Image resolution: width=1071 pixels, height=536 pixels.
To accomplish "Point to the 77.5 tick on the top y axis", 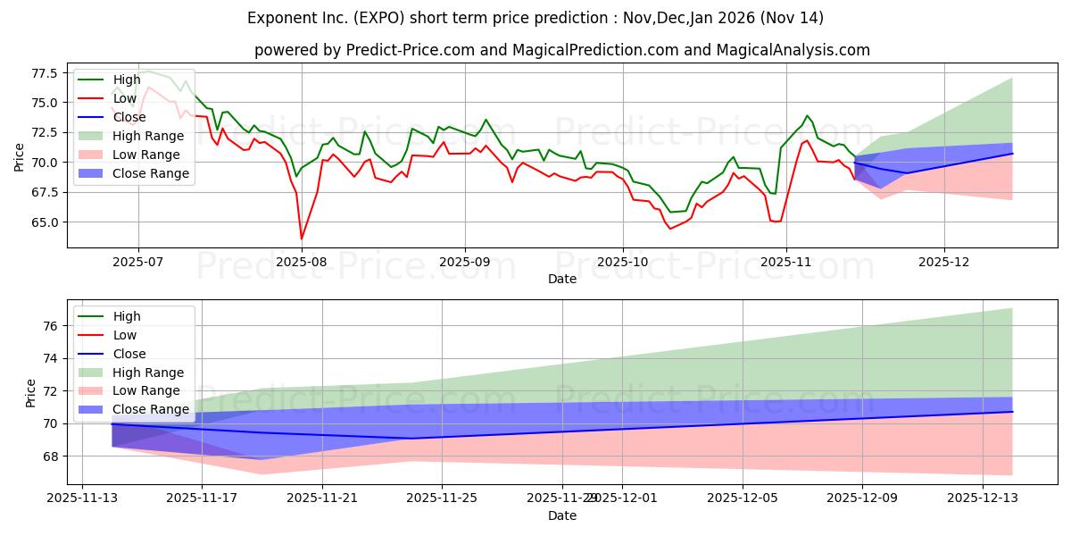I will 45,72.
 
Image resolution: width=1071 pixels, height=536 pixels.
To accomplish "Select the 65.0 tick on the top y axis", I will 45,222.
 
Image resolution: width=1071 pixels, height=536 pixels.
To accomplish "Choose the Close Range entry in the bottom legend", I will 151,410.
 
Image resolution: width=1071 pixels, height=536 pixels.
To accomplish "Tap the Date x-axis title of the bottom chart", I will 562,515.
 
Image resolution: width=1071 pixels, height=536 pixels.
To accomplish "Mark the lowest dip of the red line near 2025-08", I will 301,239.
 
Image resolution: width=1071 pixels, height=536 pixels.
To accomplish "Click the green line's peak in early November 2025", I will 807,116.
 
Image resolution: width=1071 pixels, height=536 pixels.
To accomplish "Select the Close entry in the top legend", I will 129,117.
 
